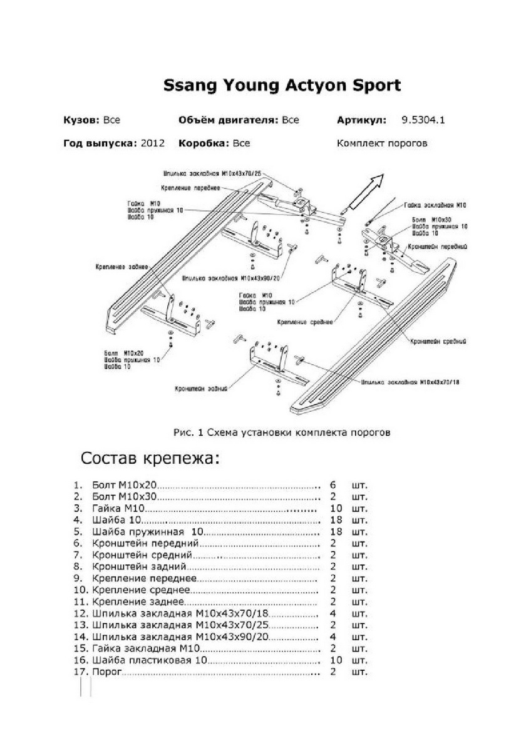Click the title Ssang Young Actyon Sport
coord(282,86)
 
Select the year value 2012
coord(153,143)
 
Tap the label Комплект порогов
coord(382,143)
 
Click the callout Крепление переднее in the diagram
coord(190,188)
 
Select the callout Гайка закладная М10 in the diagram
coord(435,205)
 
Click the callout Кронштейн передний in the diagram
coord(439,247)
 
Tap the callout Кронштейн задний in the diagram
coord(201,389)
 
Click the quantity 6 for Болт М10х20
coord(333,485)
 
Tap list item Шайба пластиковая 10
coord(149,660)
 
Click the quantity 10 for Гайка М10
coord(335,508)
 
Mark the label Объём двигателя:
coord(228,120)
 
